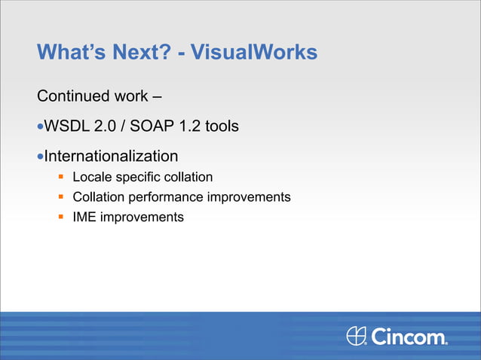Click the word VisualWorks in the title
pos(254,53)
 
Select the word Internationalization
pos(112,157)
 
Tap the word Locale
pos(90,178)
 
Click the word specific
pos(135,178)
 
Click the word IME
pos(84,217)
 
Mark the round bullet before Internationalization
pos(41,157)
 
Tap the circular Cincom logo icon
pos(357,335)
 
